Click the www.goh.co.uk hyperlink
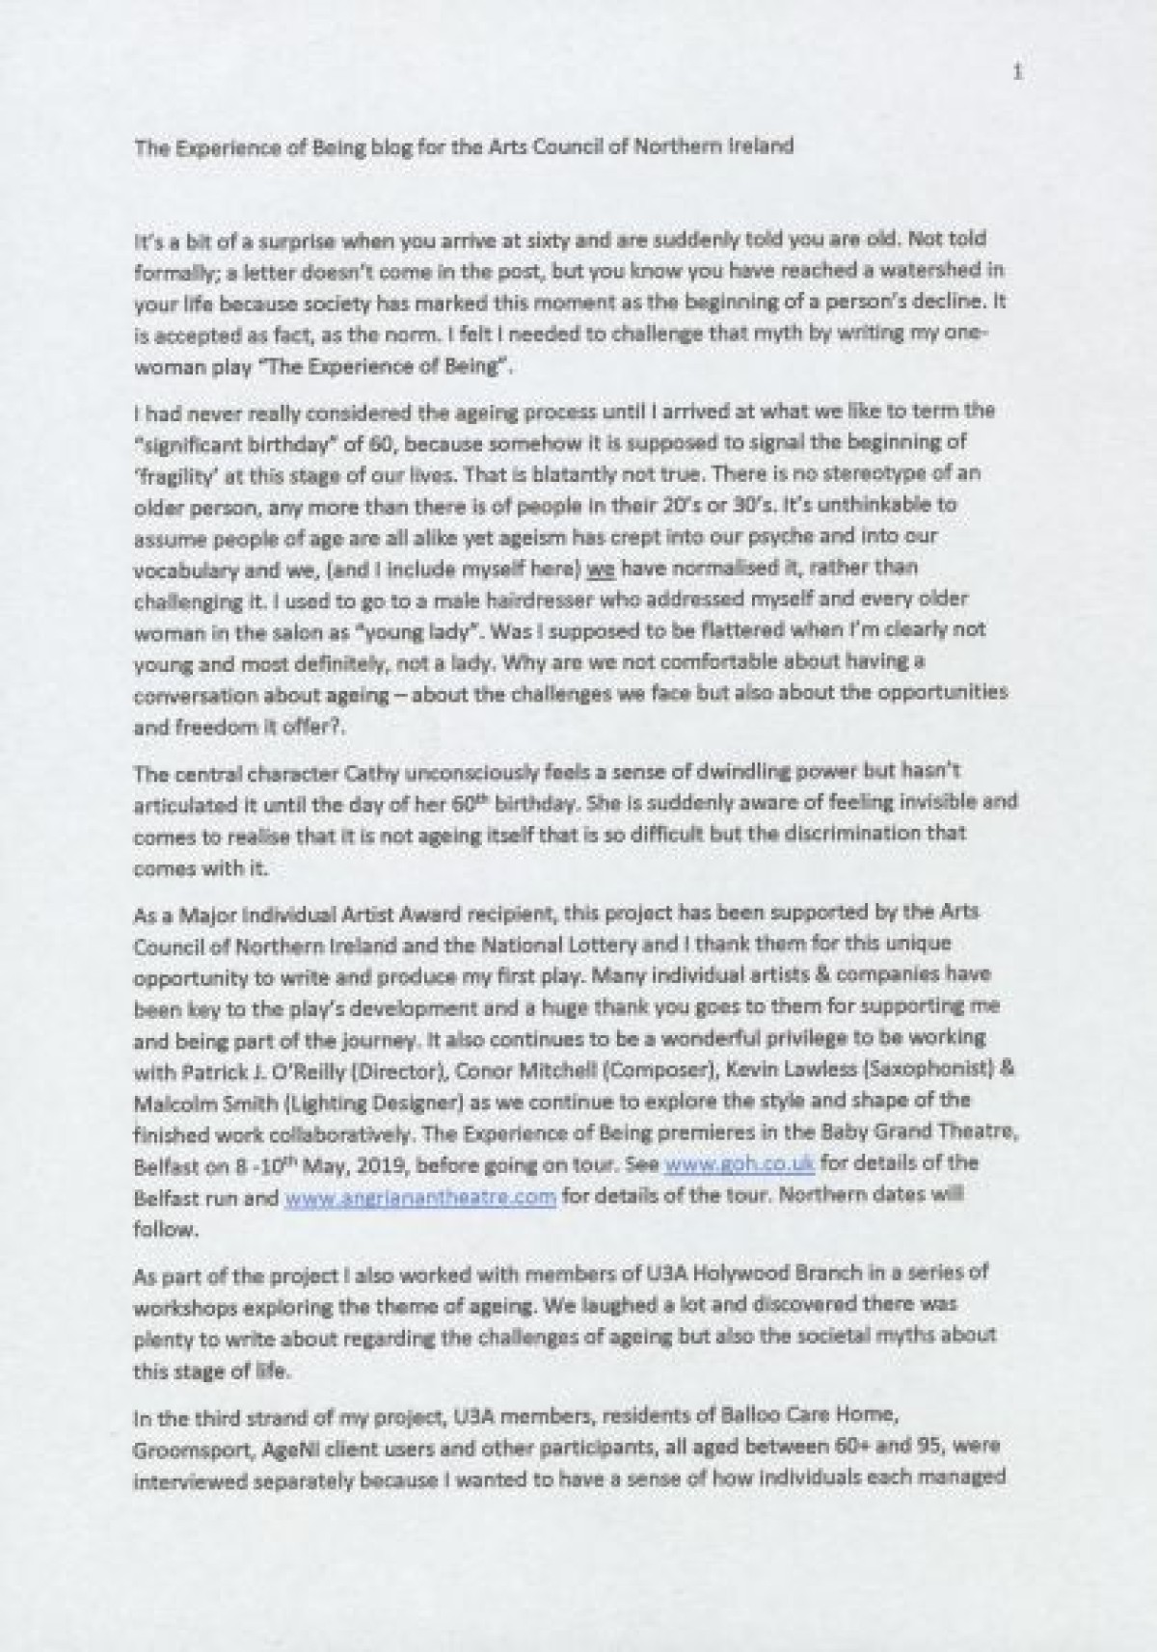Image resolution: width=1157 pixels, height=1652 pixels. pyautogui.click(x=740, y=1163)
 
